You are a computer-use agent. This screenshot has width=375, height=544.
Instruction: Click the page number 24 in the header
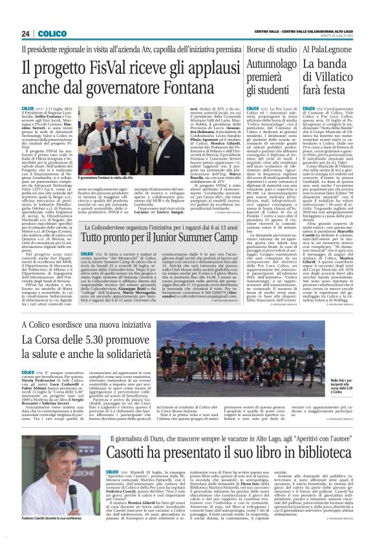27,34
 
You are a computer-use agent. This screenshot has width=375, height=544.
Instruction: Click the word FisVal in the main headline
91,67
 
